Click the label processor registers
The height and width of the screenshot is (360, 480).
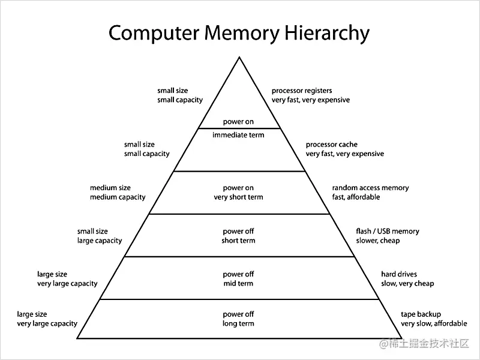(301, 91)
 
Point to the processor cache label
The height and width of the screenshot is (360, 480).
(331, 145)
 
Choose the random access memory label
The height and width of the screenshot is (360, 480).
(370, 188)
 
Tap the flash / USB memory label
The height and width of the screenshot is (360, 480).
(388, 231)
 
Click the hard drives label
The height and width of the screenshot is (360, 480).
(399, 274)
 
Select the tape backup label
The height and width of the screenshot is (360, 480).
(421, 314)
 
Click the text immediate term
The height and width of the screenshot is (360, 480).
(238, 135)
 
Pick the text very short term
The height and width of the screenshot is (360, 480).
(238, 197)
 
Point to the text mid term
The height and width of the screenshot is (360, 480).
(238, 283)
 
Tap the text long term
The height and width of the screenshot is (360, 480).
(238, 323)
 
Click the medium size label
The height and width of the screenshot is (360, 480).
(110, 188)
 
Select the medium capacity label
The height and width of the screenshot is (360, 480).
(118, 197)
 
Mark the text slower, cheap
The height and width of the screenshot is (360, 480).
(377, 241)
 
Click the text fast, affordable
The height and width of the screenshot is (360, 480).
(356, 197)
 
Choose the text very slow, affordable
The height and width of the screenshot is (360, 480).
(433, 323)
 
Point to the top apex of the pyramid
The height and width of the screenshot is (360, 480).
(239, 57)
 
